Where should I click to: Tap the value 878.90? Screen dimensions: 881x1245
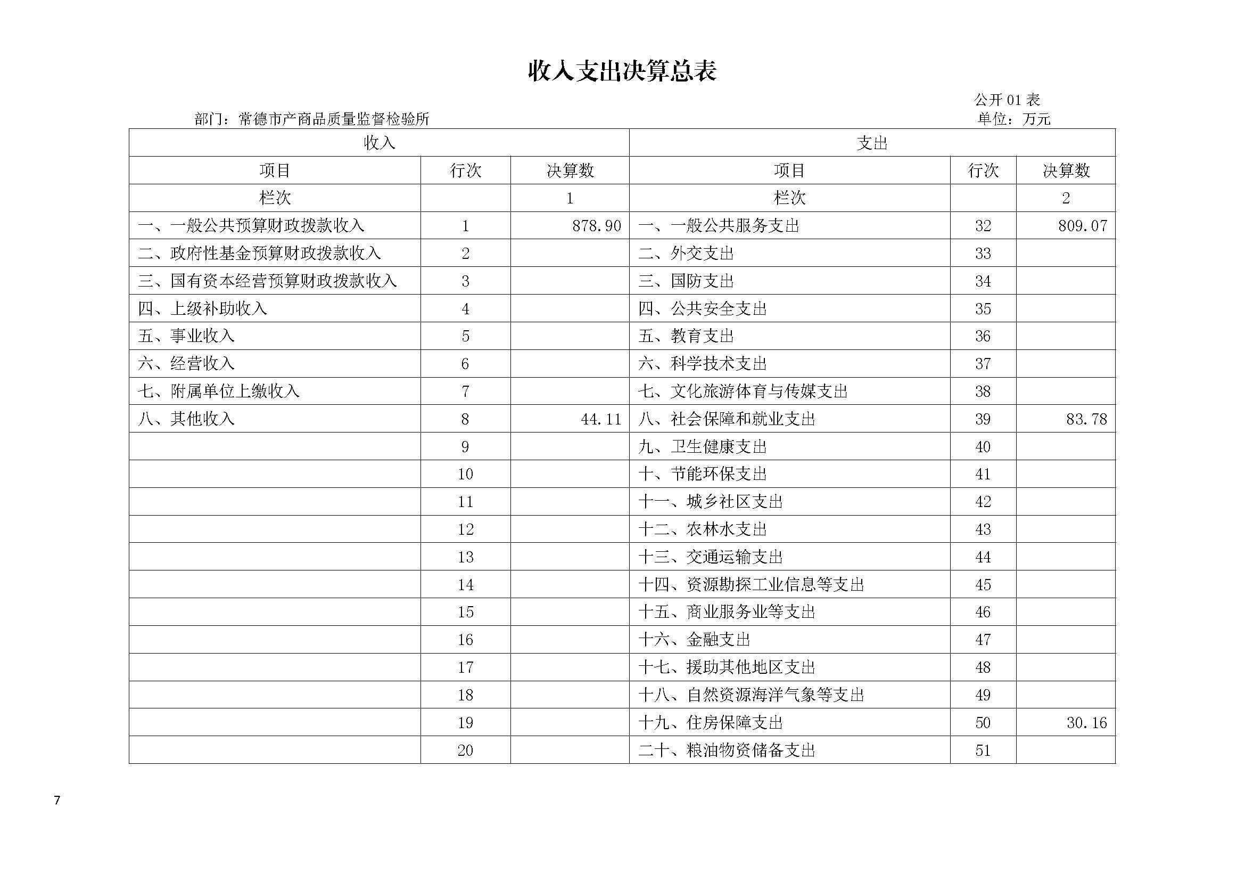point(597,226)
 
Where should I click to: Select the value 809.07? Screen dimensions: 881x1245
point(1082,226)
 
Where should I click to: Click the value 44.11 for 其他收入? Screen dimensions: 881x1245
point(601,419)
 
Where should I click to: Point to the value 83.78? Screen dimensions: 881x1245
point(1086,419)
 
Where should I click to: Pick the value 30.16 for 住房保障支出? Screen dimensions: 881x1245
point(1086,723)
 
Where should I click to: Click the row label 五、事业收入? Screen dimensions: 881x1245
point(186,336)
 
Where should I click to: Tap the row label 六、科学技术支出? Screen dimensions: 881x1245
point(702,363)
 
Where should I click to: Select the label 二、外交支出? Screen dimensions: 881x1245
point(686,254)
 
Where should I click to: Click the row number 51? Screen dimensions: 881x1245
point(983,751)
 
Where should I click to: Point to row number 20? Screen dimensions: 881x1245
point(465,751)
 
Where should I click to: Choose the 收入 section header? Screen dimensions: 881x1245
point(379,143)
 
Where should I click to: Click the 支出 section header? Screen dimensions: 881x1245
point(872,143)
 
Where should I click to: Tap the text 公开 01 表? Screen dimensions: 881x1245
point(1007,100)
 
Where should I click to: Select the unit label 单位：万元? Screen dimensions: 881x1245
point(1014,119)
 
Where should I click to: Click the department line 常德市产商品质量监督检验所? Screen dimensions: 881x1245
point(312,119)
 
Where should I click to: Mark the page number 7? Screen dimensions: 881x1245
point(57,800)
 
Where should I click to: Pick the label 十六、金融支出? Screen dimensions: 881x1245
point(694,640)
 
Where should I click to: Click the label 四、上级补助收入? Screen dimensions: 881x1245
point(202,309)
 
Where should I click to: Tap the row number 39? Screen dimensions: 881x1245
point(983,419)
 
